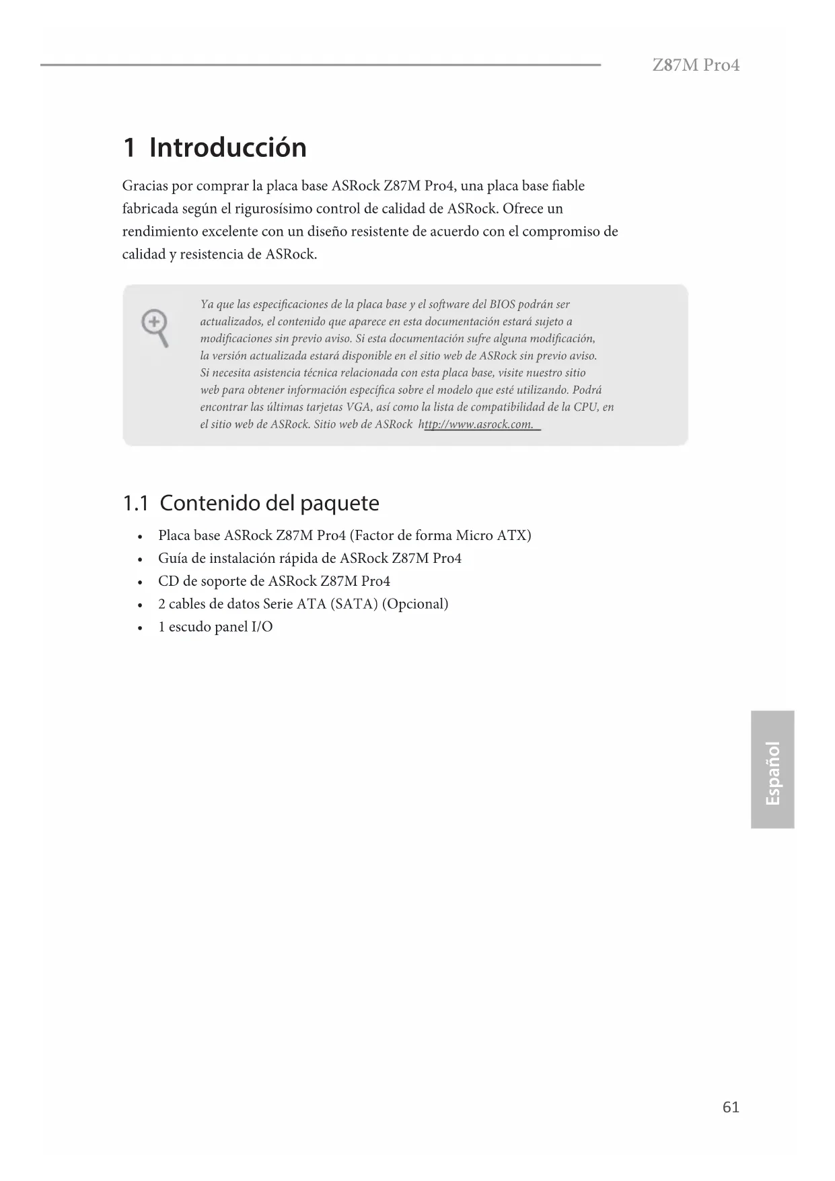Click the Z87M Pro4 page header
click(x=696, y=65)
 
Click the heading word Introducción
click(x=227, y=147)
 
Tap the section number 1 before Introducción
click(x=129, y=148)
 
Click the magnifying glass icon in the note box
click(x=155, y=328)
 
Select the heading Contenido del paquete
click(x=269, y=503)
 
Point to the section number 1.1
click(x=135, y=503)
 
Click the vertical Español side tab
click(x=772, y=770)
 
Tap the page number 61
click(x=731, y=1107)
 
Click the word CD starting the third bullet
click(x=168, y=581)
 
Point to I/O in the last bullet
click(x=262, y=627)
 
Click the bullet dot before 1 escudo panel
click(x=139, y=628)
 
